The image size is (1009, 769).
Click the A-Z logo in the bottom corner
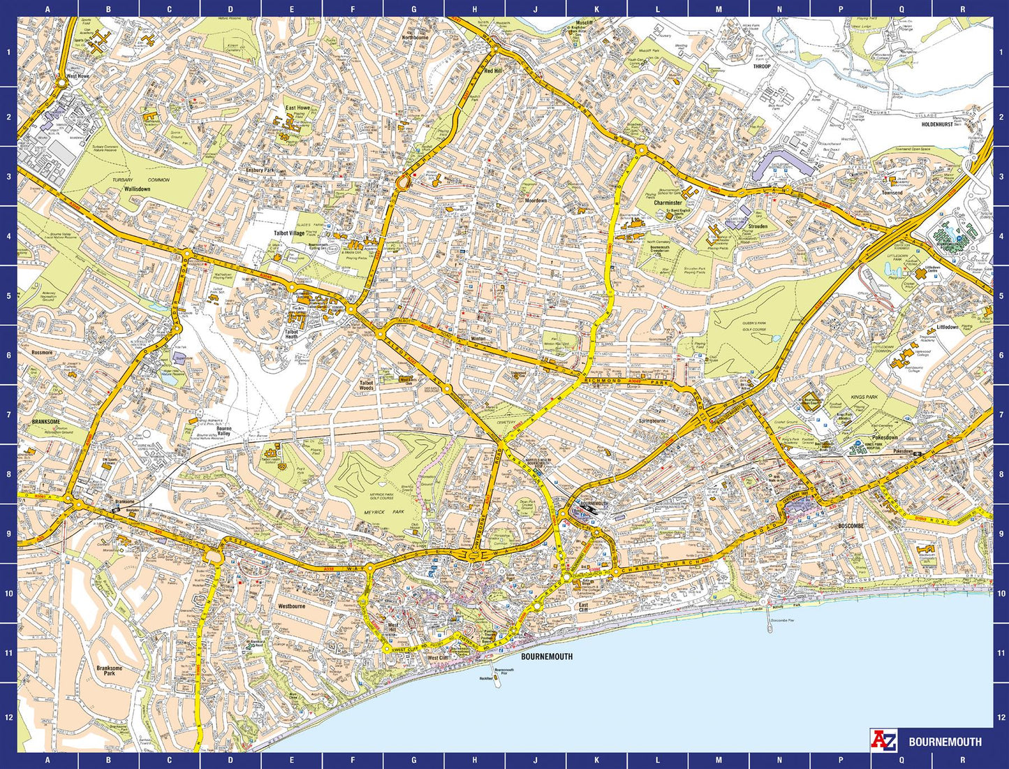(x=883, y=740)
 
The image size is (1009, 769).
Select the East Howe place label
(x=297, y=108)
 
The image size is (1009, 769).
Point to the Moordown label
(x=536, y=200)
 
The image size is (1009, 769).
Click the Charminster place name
(x=668, y=203)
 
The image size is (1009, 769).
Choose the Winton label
(x=478, y=339)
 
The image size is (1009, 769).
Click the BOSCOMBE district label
(x=850, y=526)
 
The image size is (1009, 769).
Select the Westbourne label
(x=291, y=606)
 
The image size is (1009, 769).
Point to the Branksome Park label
(x=110, y=671)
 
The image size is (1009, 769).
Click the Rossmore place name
(x=42, y=353)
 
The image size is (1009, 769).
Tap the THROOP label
(x=761, y=66)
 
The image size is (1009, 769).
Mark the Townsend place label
(x=892, y=193)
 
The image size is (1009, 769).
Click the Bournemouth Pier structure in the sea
(x=497, y=681)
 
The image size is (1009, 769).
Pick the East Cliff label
(x=583, y=607)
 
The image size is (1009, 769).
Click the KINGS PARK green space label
(x=864, y=397)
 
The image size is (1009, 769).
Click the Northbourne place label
(x=415, y=38)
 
